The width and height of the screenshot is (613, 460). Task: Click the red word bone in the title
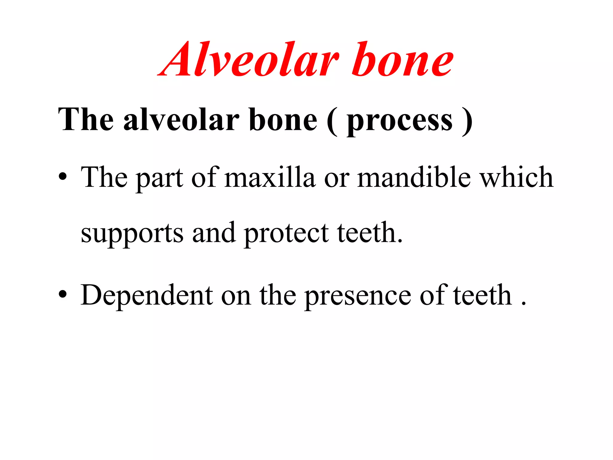coord(403,60)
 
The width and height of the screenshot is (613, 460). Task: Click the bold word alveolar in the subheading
coord(181,120)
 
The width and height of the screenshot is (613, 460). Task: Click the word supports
coord(132,234)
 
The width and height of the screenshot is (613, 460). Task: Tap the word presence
coord(358,296)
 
